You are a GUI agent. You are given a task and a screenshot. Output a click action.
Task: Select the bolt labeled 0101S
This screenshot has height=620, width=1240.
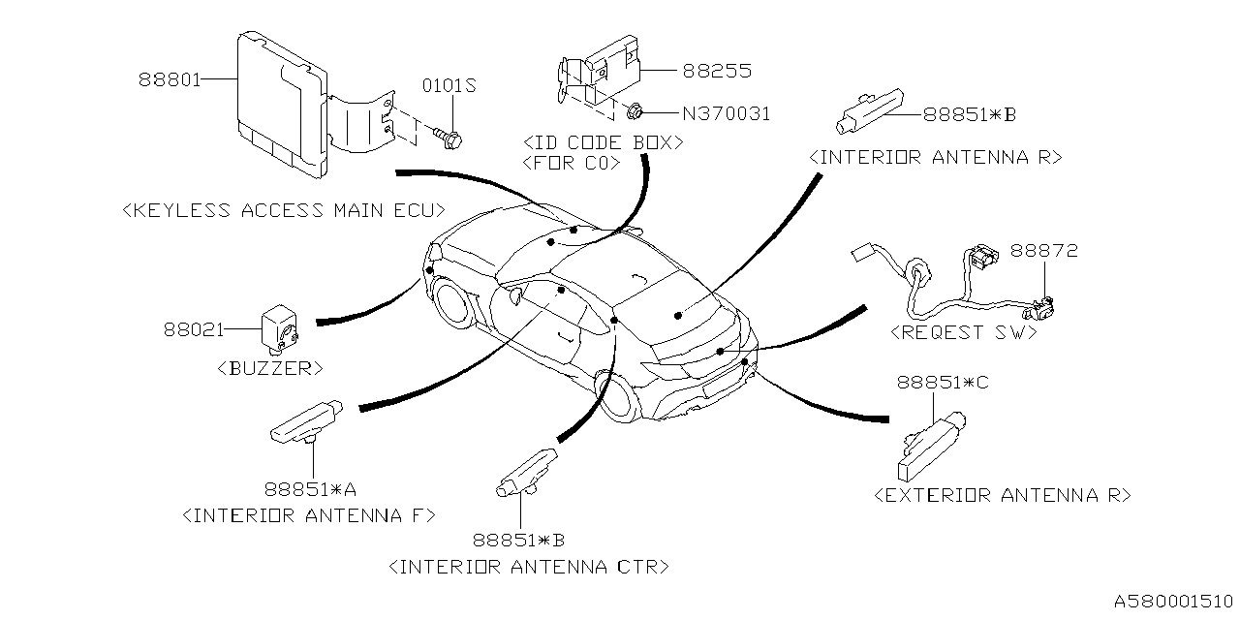[x=449, y=136]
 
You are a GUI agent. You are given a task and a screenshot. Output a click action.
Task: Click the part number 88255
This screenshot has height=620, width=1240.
[x=717, y=71]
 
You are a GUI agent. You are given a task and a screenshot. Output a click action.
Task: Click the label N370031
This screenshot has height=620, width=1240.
[x=726, y=113]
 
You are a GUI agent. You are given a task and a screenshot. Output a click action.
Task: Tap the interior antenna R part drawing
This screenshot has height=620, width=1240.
[x=870, y=108]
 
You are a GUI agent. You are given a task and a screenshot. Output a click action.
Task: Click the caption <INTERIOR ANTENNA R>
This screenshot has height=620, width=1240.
[x=936, y=156]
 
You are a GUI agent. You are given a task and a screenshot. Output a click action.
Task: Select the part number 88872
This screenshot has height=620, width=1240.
[x=1044, y=251]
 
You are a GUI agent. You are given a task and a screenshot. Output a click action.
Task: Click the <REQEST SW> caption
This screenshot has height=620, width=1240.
[x=963, y=331]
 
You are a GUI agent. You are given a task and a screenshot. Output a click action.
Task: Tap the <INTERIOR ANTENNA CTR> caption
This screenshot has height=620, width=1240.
[x=527, y=566]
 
